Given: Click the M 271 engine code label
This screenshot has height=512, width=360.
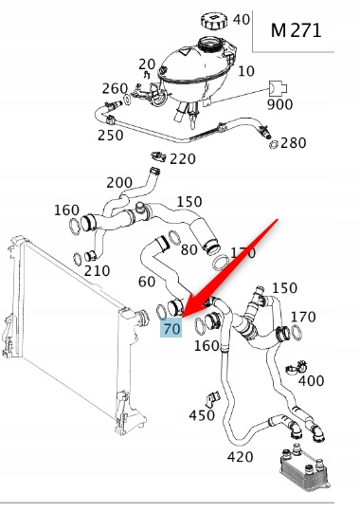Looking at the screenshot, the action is [x=296, y=30].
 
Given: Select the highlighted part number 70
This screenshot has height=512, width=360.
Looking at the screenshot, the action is [x=171, y=328].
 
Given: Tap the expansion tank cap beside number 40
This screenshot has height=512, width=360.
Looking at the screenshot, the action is [x=213, y=20].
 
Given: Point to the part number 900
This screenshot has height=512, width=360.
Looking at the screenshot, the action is [x=279, y=104].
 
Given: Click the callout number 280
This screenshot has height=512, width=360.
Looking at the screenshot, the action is [x=293, y=142].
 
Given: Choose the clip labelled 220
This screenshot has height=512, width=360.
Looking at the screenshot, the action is [x=158, y=156].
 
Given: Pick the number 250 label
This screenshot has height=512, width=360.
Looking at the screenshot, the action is [x=110, y=136].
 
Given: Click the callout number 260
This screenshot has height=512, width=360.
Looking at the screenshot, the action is [x=115, y=88].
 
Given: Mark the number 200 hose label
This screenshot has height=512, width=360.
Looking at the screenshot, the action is [x=119, y=183].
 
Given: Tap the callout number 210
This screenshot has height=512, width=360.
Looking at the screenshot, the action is [x=97, y=270].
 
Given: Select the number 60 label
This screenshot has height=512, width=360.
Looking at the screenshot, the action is [x=147, y=282].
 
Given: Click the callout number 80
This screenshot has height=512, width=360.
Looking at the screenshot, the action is [x=189, y=249].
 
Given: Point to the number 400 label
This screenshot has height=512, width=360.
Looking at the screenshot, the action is [x=311, y=381].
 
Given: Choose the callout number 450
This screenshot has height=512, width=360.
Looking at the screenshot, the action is [x=202, y=415].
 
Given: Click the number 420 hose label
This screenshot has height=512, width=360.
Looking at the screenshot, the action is [x=240, y=457].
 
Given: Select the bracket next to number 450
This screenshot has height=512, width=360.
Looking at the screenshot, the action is [x=212, y=398].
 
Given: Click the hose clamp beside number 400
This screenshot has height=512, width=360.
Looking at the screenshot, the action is [x=297, y=367].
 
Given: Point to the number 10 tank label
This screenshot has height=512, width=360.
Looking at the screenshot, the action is [x=246, y=71].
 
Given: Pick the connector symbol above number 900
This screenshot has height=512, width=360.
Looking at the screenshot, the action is [x=278, y=88].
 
